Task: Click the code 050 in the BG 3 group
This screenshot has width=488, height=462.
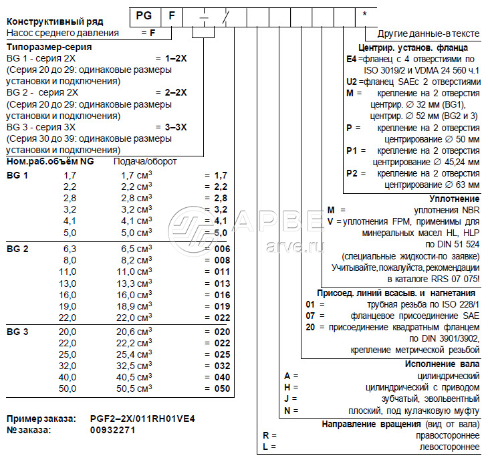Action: click(221, 388)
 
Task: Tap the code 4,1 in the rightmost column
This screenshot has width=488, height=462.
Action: click(221, 221)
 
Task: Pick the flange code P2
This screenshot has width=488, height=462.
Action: click(352, 173)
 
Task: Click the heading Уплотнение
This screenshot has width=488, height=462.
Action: click(455, 198)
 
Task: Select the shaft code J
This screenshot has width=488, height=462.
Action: click(286, 398)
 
